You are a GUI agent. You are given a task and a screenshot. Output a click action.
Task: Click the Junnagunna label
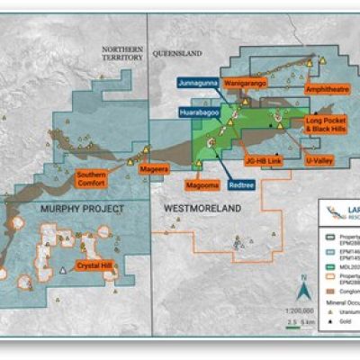click(x=194, y=82)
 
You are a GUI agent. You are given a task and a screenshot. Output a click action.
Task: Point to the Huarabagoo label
click(x=196, y=115)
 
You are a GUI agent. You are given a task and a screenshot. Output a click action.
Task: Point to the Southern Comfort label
click(x=92, y=177)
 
